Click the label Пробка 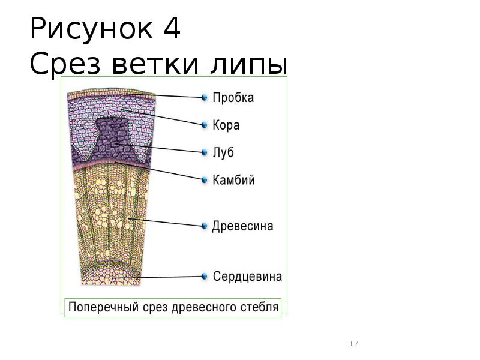(x=233, y=98)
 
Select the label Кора (x=226, y=125)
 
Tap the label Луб (x=223, y=153)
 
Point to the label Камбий (x=234, y=181)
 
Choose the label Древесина (x=243, y=226)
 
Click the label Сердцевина (x=247, y=277)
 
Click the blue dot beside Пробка (x=205, y=97)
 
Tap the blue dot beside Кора (x=205, y=125)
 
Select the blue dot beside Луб (x=205, y=152)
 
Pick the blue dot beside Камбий (x=205, y=180)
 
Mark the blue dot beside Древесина (x=205, y=226)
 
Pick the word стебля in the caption (x=262, y=307)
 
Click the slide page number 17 (x=353, y=344)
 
